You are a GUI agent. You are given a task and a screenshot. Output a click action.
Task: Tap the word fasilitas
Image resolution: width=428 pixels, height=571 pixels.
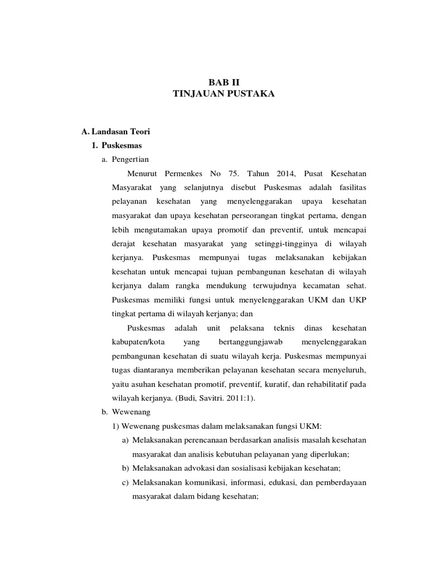click(x=349, y=186)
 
